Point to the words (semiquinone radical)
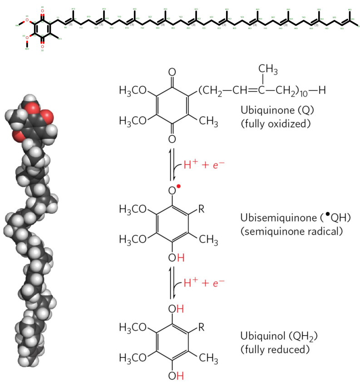[x=290, y=231]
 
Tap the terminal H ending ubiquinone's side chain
[x=322, y=91]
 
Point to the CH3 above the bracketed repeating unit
[x=268, y=69]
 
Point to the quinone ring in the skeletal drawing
[x=42, y=27]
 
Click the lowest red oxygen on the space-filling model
[x=19, y=135]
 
